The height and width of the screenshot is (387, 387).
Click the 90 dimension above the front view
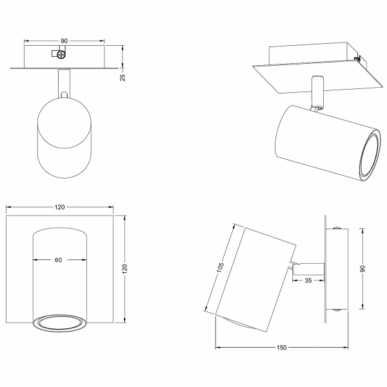[x=64, y=41]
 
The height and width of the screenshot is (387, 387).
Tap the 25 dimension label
[x=123, y=77]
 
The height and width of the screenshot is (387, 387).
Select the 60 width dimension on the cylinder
[x=58, y=260]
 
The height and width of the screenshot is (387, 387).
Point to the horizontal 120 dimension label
[x=59, y=207]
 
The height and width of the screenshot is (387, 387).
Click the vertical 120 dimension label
[x=124, y=269]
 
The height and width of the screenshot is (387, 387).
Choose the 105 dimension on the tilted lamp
[x=220, y=268]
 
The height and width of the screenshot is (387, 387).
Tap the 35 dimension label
[x=308, y=281]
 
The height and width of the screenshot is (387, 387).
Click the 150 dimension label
[x=281, y=348]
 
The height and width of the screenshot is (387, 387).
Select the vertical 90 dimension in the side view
[x=362, y=269]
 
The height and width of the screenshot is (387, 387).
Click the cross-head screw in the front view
[x=61, y=55]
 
